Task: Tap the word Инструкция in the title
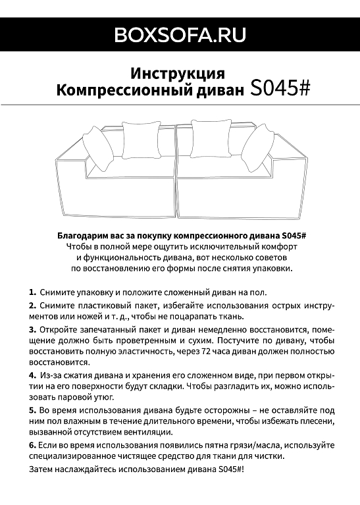178,72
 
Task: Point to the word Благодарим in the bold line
82,235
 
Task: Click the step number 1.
32,292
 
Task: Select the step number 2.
32,306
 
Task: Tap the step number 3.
32,329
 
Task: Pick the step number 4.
32,375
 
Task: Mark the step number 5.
32,410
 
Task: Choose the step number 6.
32,445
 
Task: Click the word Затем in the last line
43,469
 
